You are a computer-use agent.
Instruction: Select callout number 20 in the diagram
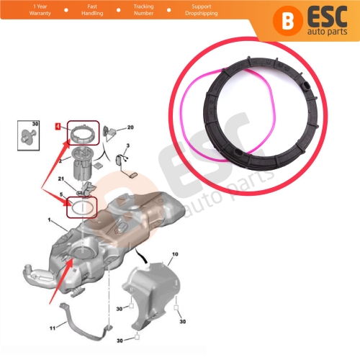click(x=130, y=127)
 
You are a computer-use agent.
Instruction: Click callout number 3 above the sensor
click(x=127, y=146)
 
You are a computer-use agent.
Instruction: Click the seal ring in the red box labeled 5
click(x=81, y=207)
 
